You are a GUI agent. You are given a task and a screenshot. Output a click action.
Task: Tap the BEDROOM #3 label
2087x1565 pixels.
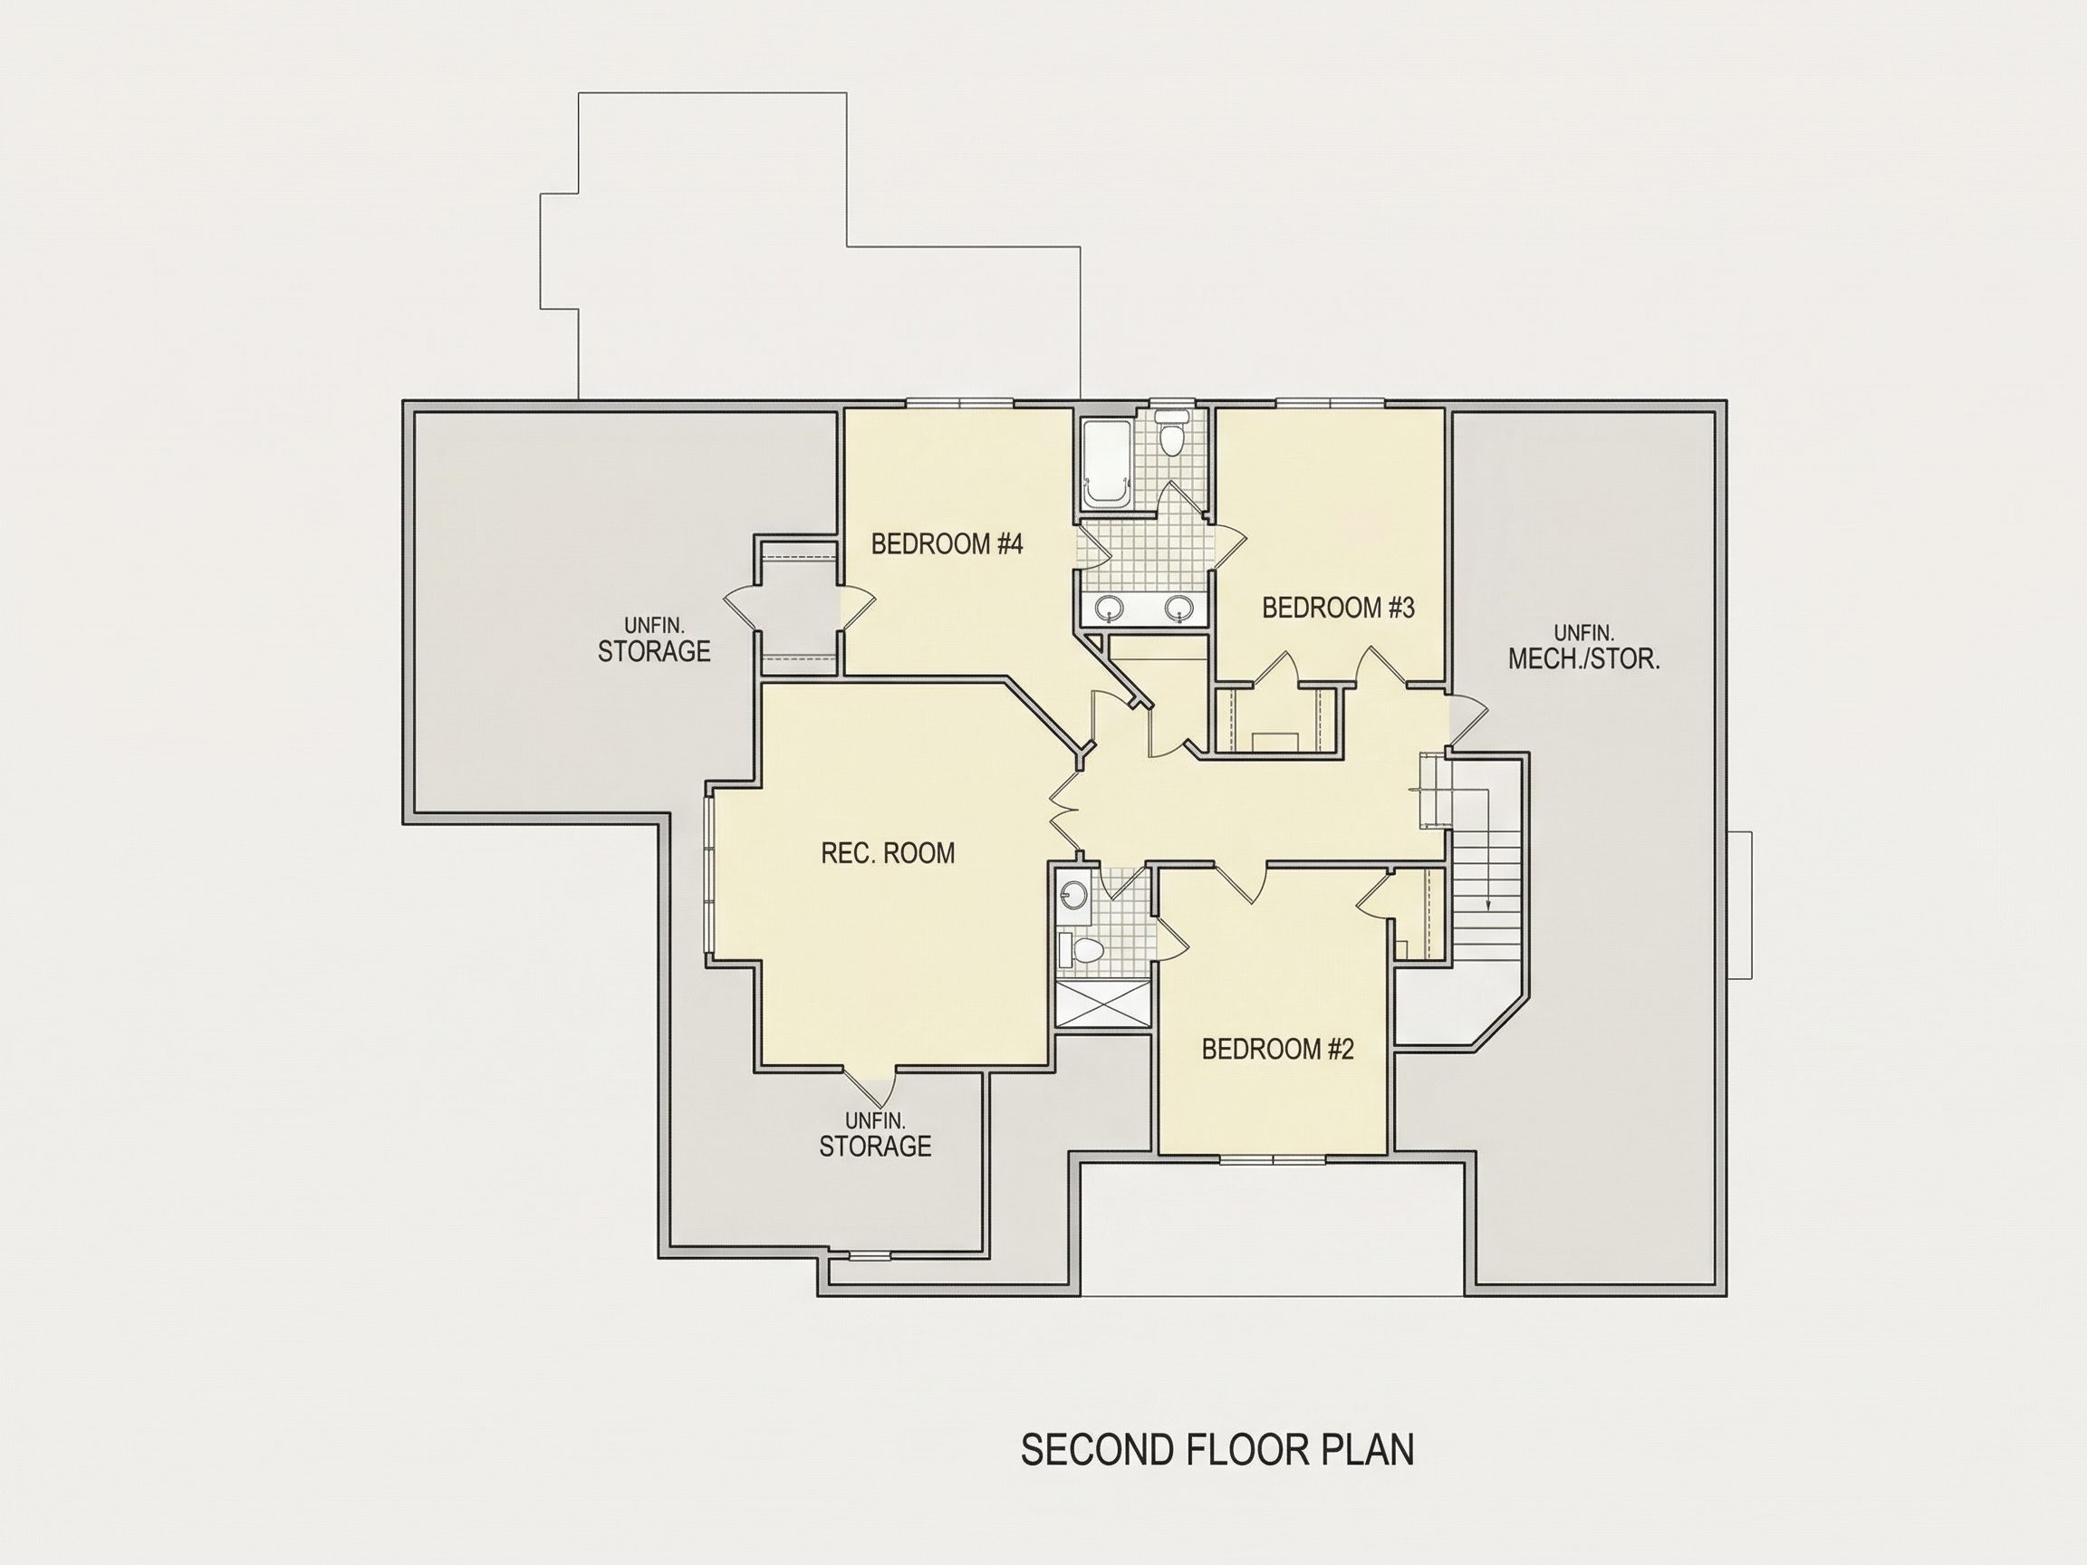tap(1338, 608)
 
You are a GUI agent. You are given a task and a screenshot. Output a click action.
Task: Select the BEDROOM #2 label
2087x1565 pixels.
tap(1277, 1049)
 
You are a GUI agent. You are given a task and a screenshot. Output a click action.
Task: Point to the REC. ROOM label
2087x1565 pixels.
tap(888, 853)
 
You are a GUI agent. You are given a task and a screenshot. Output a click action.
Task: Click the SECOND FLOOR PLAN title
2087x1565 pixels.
tap(1217, 1449)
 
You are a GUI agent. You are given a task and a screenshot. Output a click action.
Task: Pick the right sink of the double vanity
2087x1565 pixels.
tap(1178, 609)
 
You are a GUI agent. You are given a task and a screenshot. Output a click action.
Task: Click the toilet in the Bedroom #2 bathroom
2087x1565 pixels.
tap(1082, 950)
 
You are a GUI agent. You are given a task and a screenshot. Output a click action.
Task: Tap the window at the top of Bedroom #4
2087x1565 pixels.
tap(960, 403)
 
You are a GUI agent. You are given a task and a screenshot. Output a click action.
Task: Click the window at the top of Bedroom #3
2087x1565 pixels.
tap(1332, 403)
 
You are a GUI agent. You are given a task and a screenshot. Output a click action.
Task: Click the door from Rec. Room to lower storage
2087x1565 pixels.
tap(870, 1088)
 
